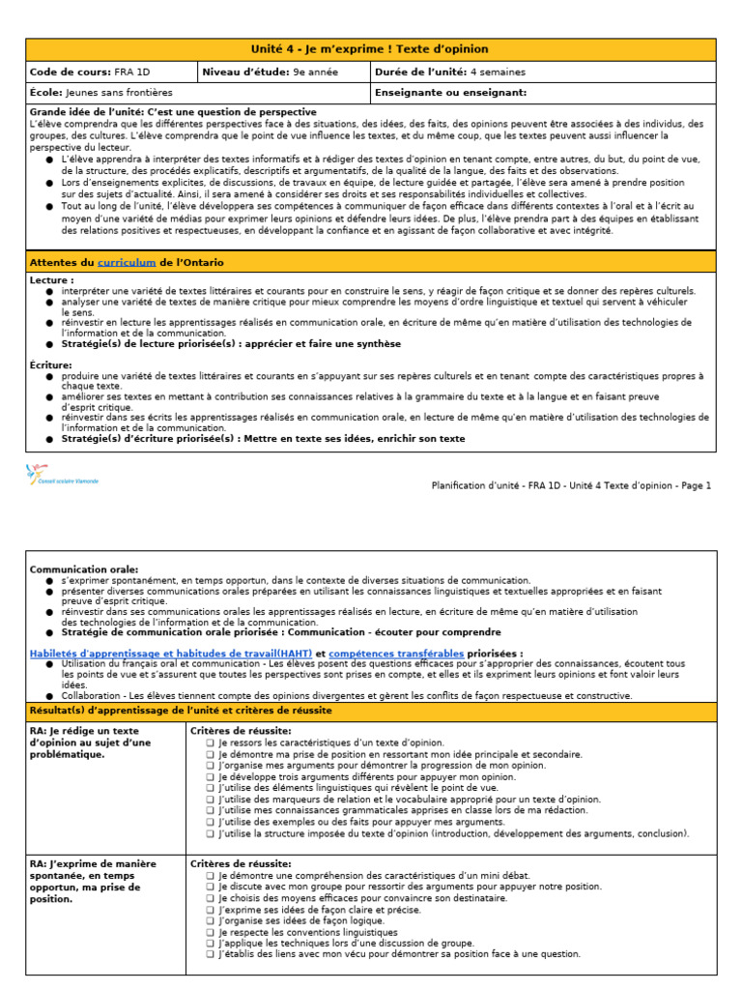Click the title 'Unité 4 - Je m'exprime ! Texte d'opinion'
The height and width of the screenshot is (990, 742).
point(371,49)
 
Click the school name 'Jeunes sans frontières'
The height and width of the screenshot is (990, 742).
point(119,93)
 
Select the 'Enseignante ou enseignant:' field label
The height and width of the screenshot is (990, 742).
point(450,93)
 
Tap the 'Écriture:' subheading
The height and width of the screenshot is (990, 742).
point(51,364)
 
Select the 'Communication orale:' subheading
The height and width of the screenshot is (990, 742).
point(84,569)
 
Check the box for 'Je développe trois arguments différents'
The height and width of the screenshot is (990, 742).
point(211,776)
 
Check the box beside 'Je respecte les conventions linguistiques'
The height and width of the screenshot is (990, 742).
point(211,931)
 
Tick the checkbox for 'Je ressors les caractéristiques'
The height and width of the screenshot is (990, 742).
point(211,742)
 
